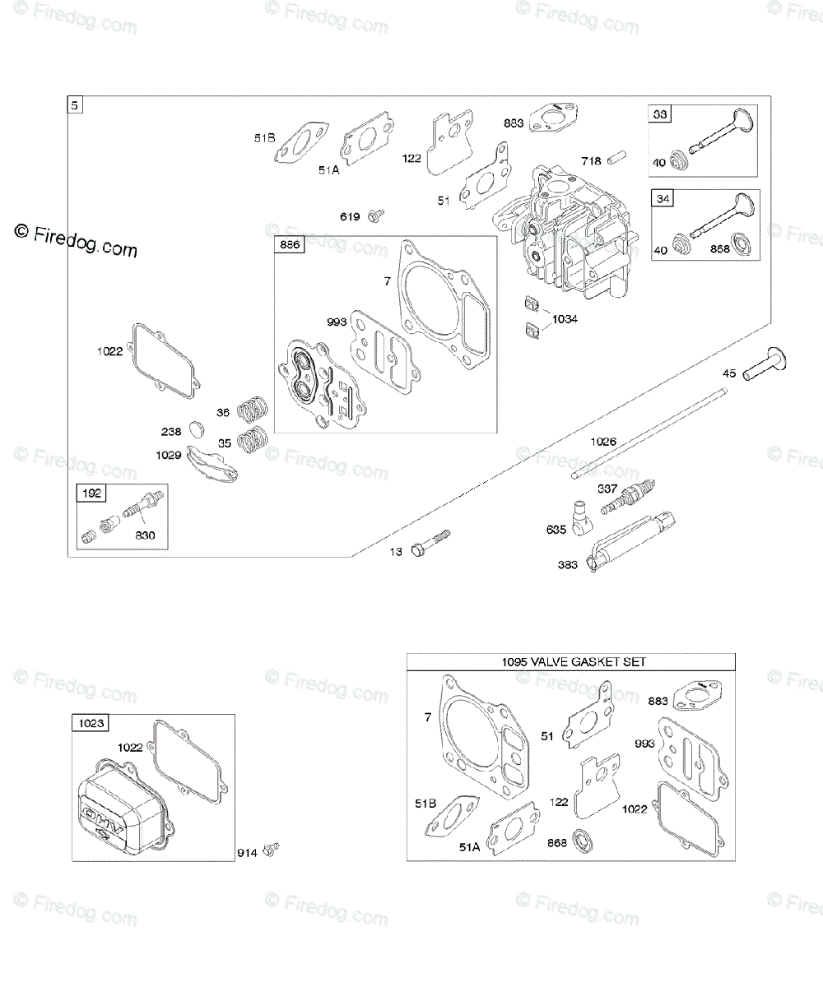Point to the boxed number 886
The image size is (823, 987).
coord(290,244)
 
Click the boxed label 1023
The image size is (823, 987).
coord(91,723)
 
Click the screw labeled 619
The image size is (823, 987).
coord(376,215)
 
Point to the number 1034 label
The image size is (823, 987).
coord(565,318)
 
